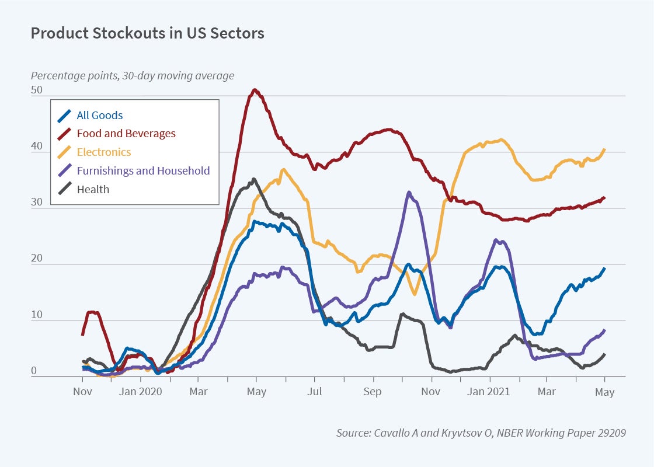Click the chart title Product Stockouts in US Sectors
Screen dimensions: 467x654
click(x=147, y=33)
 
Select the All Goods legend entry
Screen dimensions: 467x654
click(x=100, y=115)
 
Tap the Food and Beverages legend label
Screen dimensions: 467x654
click(x=126, y=134)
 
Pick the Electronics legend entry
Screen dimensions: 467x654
click(x=104, y=152)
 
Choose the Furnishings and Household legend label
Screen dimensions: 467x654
click(x=143, y=171)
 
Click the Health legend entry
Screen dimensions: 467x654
click(x=93, y=189)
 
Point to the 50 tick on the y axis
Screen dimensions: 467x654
click(x=37, y=90)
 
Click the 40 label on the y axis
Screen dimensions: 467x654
click(x=37, y=147)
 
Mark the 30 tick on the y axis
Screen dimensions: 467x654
click(x=37, y=203)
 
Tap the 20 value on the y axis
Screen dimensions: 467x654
click(x=37, y=259)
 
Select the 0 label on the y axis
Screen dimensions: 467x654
click(x=34, y=371)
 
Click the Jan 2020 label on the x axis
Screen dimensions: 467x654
click(x=141, y=391)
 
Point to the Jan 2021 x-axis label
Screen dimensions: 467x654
click(x=489, y=391)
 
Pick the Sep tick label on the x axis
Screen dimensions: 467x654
click(x=373, y=392)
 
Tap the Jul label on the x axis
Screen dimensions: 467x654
click(x=315, y=391)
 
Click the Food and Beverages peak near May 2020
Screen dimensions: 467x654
click(x=255, y=90)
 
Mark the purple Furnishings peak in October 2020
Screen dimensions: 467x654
click(x=409, y=192)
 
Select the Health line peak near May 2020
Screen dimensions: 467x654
click(x=253, y=179)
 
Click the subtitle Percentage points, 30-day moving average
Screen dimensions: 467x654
click(x=133, y=75)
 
